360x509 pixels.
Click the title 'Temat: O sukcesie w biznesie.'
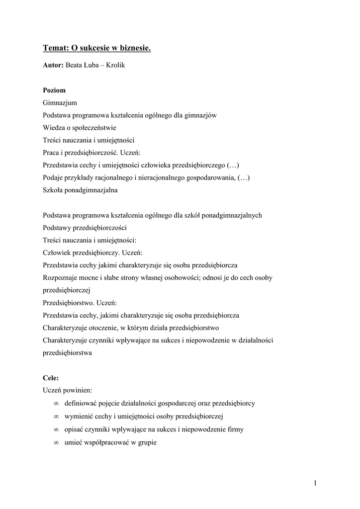tap(96, 48)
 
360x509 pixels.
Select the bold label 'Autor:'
tap(53, 65)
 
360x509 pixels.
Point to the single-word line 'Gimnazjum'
tap(60, 103)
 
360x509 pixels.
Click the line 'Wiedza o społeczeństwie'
tap(80, 128)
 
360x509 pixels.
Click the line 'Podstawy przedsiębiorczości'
tap(85, 228)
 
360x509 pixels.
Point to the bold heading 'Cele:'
tap(51, 378)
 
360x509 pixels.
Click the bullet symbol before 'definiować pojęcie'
tap(57, 404)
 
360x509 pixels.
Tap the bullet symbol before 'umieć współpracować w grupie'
tap(57, 441)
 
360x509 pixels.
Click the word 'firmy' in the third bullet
tap(235, 429)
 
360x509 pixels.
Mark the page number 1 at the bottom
tap(315, 483)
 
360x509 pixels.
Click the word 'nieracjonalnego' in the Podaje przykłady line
tap(149, 177)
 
